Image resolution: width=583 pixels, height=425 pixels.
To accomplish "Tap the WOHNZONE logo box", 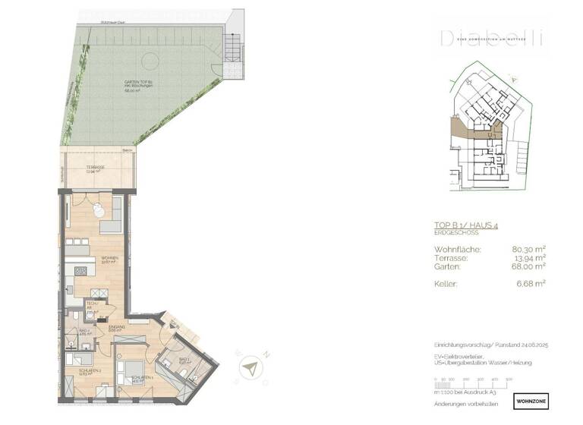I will coord(530,398).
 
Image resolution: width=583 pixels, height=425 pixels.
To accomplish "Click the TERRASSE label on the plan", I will coord(95,167).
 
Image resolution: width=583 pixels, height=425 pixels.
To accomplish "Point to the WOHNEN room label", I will coord(111,258).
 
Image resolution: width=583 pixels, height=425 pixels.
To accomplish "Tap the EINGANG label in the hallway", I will coord(116,326).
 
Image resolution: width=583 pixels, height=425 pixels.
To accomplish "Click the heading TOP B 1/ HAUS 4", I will coord(465,225).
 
